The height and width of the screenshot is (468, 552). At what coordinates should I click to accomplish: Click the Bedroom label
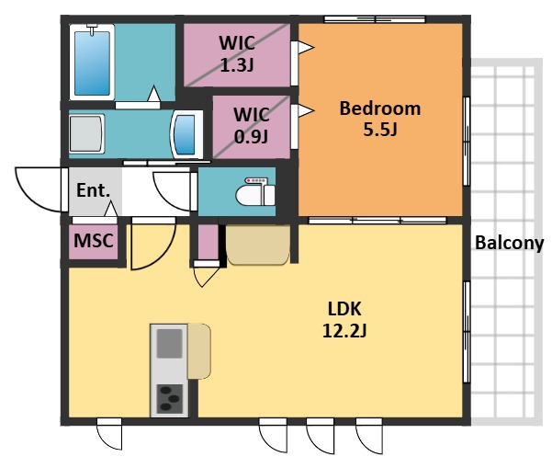point(380,108)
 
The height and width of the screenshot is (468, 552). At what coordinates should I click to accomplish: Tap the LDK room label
point(344,309)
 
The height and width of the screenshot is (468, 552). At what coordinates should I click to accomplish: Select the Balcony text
point(510,243)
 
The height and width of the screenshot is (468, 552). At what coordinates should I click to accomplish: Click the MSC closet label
point(94,241)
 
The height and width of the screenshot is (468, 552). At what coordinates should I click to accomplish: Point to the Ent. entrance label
point(94,190)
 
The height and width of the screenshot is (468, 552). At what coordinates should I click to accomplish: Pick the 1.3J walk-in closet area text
point(237,65)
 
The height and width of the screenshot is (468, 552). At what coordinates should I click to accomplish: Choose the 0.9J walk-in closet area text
point(251,136)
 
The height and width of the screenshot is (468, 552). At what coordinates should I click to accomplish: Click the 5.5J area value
point(380,130)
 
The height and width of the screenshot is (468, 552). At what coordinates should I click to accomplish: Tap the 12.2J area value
point(344,331)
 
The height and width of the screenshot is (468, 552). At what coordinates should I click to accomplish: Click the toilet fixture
point(255,192)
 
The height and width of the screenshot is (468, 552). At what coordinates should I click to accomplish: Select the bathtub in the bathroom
point(92,63)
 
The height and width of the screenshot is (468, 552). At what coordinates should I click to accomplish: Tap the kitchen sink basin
point(169,343)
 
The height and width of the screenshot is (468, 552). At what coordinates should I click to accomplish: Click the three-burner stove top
point(169,398)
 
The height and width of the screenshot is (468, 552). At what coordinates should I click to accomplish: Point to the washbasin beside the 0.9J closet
point(186,134)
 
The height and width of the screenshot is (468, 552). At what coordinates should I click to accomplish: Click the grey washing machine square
point(86,133)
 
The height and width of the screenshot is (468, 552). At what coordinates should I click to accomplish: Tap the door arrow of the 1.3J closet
point(306,47)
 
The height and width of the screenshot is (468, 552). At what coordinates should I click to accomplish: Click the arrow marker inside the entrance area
point(111,209)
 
